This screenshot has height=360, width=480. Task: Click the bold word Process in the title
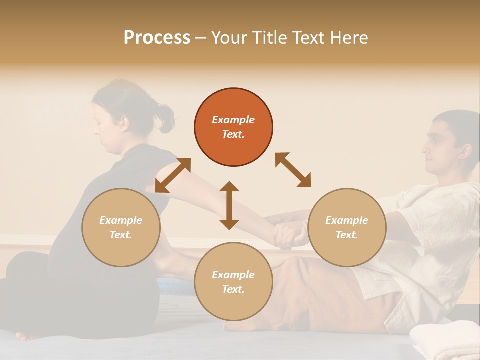coord(157,38)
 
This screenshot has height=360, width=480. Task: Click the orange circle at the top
coord(233,127)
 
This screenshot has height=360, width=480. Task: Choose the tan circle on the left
coord(121,227)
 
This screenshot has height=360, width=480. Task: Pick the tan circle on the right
coord(347,227)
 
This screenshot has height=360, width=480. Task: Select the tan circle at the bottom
coord(233,282)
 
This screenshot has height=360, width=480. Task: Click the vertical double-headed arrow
coord(229,205)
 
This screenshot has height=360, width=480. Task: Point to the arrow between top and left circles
coord(173,175)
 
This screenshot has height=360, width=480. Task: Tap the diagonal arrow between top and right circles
coord(293,170)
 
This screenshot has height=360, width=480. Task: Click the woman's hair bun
coord(165,117)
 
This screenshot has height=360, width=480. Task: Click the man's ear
coord(458,148)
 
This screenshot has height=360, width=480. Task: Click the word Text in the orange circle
coord(233,134)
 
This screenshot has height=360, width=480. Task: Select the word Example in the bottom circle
coord(233,275)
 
